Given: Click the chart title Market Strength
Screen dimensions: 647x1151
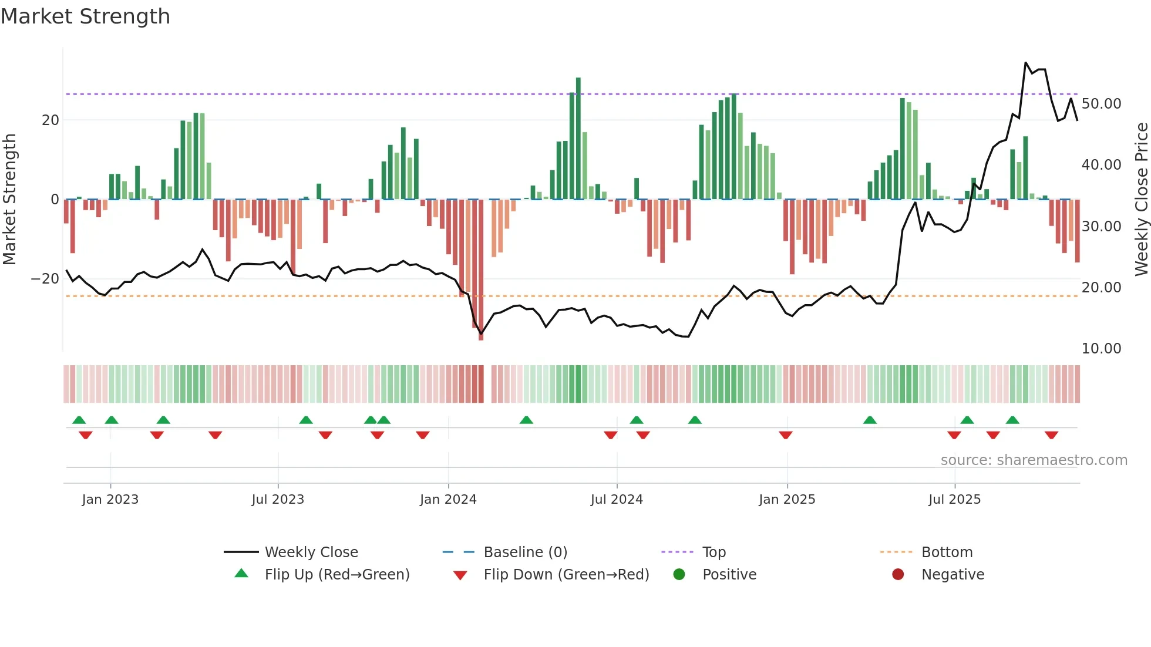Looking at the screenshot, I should click(85, 16).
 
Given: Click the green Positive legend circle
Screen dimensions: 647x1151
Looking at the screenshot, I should click(679, 575).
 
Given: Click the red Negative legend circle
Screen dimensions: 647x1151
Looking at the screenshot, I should click(898, 575).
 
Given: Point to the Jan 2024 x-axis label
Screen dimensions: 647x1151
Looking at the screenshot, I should click(448, 500).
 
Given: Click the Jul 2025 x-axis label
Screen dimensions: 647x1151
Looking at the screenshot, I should click(954, 500).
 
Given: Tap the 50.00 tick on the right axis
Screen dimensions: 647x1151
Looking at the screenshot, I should click(1101, 104).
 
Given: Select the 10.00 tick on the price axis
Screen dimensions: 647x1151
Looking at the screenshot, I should click(1101, 349).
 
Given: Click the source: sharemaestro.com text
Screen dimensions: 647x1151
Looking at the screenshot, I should click(1034, 460).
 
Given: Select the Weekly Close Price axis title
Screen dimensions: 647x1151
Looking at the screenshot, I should click(1141, 199).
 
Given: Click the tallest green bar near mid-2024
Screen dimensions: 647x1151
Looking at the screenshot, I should click(578, 138).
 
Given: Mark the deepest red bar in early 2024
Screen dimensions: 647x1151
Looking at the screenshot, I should click(481, 270).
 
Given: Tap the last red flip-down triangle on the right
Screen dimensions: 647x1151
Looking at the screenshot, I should click(1051, 435).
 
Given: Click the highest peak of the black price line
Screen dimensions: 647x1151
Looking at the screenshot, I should click(1026, 63).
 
